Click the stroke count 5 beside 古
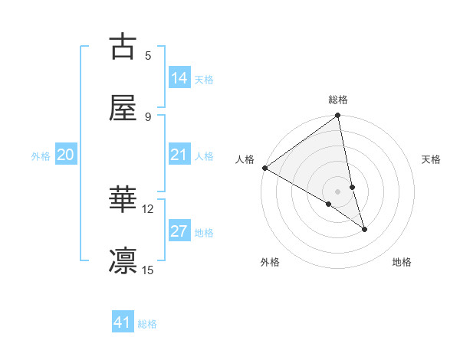coord(148,55)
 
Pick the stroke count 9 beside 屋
coord(148,116)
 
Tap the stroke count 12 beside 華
coord(148,208)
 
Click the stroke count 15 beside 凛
coord(148,270)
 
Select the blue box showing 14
coord(179,77)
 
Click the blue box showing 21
coord(179,155)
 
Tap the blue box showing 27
coord(179,231)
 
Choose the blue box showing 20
coord(66,155)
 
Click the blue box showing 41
coord(123,322)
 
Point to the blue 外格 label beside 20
coord(41,156)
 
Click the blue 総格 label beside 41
coord(147,324)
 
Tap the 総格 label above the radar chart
coord(338,100)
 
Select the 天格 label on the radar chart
coord(432,159)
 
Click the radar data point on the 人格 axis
coord(264,168)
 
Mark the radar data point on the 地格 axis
coord(364,229)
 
